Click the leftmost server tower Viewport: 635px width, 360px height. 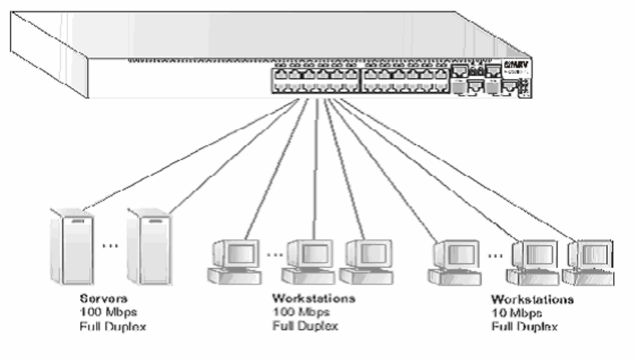pyautogui.click(x=67, y=245)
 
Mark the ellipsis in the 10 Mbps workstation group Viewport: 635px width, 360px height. pyautogui.click(x=495, y=254)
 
